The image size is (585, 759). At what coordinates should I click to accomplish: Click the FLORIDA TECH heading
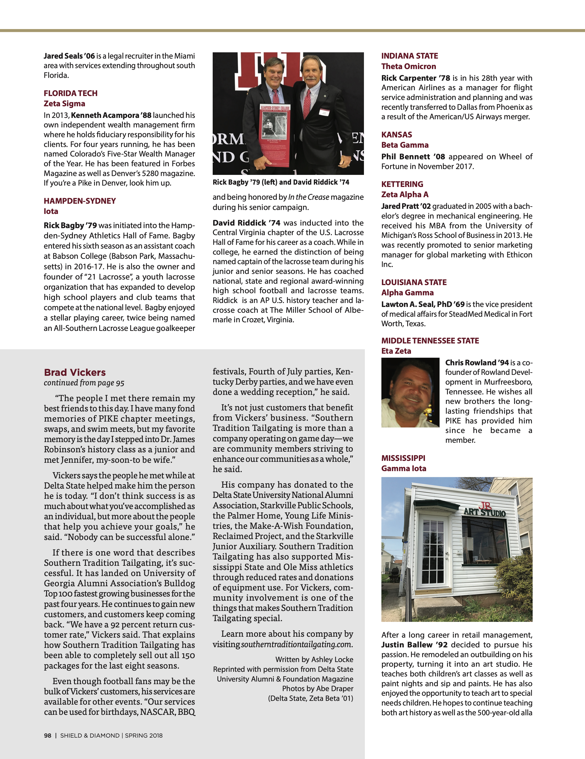[x=71, y=93]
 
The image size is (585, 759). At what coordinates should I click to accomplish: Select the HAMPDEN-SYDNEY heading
[x=80, y=201]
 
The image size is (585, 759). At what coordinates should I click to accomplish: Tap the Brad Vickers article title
[x=75, y=372]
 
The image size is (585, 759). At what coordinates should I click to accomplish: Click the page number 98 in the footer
[x=48, y=735]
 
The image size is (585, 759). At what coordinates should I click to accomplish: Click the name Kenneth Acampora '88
[x=111, y=115]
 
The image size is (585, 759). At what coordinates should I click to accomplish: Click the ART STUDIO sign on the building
[x=484, y=512]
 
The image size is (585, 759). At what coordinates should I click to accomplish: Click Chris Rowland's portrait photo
[x=410, y=392]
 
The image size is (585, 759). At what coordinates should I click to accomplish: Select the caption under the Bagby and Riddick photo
[x=281, y=182]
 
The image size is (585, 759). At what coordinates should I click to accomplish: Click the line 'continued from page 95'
[x=84, y=383]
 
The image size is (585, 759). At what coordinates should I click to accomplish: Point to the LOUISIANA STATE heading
[x=414, y=282]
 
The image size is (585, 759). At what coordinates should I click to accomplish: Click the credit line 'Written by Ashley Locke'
[x=314, y=659]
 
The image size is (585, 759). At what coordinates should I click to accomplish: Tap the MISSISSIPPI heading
[x=403, y=458]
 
